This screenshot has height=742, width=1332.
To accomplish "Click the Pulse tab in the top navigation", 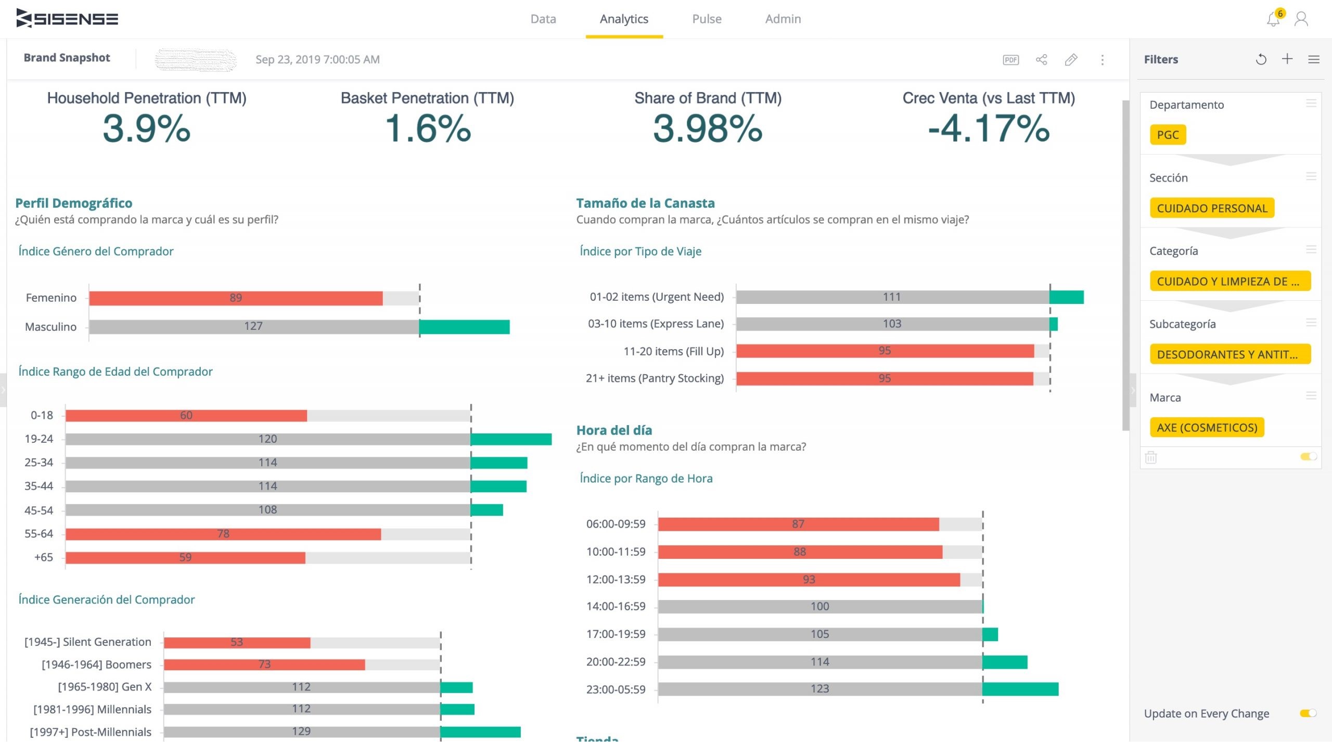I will tap(706, 19).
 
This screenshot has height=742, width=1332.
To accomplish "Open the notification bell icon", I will tap(1273, 20).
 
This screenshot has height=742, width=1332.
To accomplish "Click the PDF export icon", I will tap(1010, 60).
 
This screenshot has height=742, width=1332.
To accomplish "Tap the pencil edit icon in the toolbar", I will tap(1071, 60).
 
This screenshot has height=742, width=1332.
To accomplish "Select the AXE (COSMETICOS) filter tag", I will tap(1207, 428).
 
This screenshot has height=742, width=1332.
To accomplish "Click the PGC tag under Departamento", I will tap(1168, 135).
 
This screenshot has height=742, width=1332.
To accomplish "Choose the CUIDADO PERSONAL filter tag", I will tap(1212, 208).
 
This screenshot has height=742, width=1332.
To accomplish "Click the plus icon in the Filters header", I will tap(1287, 59).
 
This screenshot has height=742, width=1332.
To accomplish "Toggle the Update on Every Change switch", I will tap(1308, 713).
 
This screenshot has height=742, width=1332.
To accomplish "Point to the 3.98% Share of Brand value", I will tap(707, 129).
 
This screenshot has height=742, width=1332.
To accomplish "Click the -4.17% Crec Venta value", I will tap(989, 129).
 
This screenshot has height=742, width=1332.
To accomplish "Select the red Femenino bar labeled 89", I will tap(235, 298).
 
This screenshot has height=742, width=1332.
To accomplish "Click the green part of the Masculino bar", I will tap(464, 327).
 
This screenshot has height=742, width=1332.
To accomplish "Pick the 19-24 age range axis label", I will tap(39, 439).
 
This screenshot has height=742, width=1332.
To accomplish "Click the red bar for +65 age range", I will tap(185, 558).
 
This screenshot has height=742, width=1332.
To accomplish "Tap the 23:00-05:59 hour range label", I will tap(616, 689).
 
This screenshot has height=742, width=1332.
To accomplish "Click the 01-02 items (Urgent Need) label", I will tap(657, 297).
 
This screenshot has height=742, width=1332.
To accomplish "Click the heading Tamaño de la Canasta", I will tap(645, 203).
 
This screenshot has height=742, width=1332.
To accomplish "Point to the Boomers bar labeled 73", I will tap(264, 664).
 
